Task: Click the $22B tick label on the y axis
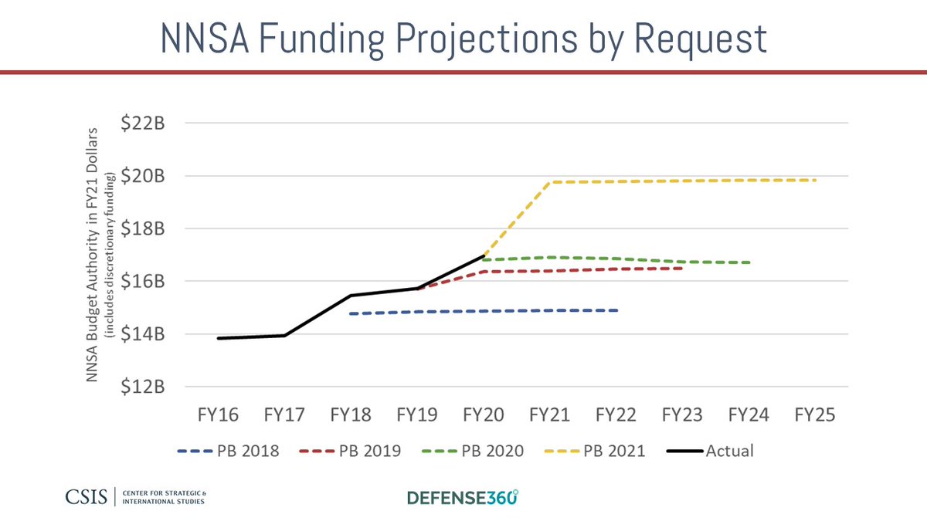tap(146, 123)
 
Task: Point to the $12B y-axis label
tap(146, 387)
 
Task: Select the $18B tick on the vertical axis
tap(146, 229)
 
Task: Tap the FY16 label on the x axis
tap(218, 415)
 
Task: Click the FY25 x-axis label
tap(815, 415)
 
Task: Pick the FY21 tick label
tap(549, 415)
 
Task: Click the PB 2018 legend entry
tap(229, 451)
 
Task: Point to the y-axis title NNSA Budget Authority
tap(97, 255)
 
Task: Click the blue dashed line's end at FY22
tap(616, 310)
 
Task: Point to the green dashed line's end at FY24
tap(749, 262)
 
